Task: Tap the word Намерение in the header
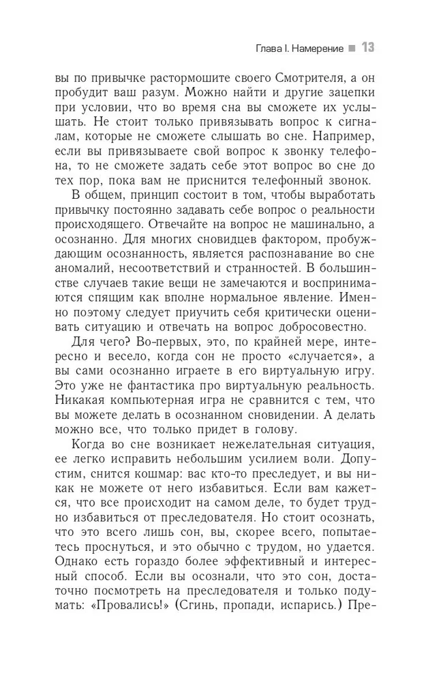pos(312,49)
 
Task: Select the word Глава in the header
pos(254,49)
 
